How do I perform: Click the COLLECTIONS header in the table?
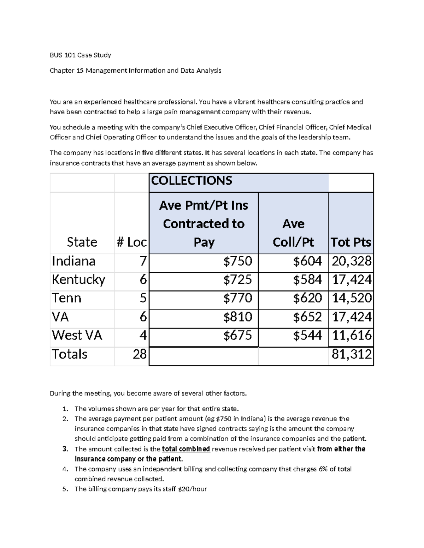tap(192, 181)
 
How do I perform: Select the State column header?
tap(82, 242)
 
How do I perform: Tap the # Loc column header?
tap(131, 242)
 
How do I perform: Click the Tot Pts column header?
tap(351, 242)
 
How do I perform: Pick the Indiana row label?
tap(73, 261)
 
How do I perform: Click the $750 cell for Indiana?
tap(237, 261)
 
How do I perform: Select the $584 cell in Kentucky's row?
tap(307, 280)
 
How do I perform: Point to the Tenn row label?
tap(66, 299)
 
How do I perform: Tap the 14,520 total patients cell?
tap(352, 299)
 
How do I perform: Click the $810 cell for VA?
tap(237, 317)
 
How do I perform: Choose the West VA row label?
tap(77, 336)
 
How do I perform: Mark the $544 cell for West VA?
tap(307, 336)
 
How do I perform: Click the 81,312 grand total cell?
tap(352, 354)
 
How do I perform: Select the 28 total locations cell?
tap(139, 354)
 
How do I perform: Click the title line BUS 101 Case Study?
tap(81, 55)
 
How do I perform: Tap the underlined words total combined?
tap(186, 449)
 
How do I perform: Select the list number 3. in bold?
tap(65, 449)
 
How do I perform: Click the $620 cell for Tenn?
tap(307, 299)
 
